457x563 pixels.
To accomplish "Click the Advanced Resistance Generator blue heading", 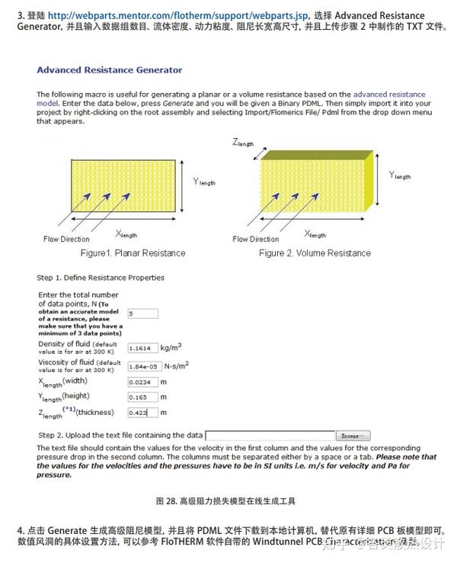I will [110, 70].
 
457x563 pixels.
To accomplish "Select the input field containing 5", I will [142, 314].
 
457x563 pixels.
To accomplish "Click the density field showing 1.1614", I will [142, 347].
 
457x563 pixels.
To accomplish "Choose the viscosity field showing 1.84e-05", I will [142, 366].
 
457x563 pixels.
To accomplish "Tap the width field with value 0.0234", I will [142, 381].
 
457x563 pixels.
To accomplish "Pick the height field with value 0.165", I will [142, 397].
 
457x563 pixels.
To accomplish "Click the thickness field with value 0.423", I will [142, 413].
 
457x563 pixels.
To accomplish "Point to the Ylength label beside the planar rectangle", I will [205, 182].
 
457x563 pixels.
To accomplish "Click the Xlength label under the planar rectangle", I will [126, 234].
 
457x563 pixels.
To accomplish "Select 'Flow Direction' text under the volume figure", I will [256, 240].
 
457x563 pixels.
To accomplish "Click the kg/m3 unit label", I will [171, 347].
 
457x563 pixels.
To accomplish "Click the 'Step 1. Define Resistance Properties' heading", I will [101, 278].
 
